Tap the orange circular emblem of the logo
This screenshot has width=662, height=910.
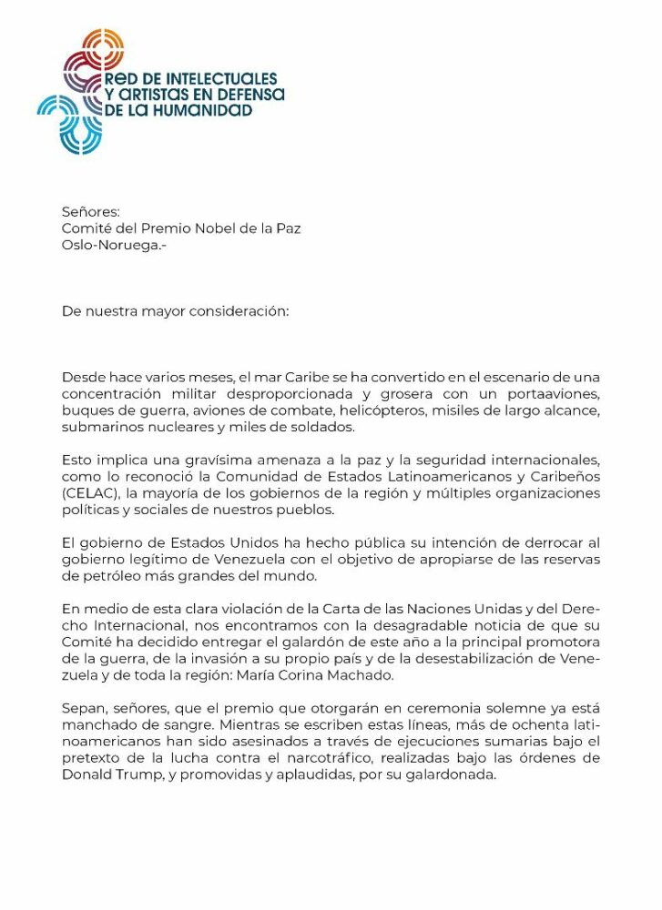[x=101, y=48]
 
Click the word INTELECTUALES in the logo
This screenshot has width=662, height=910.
[x=222, y=79]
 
